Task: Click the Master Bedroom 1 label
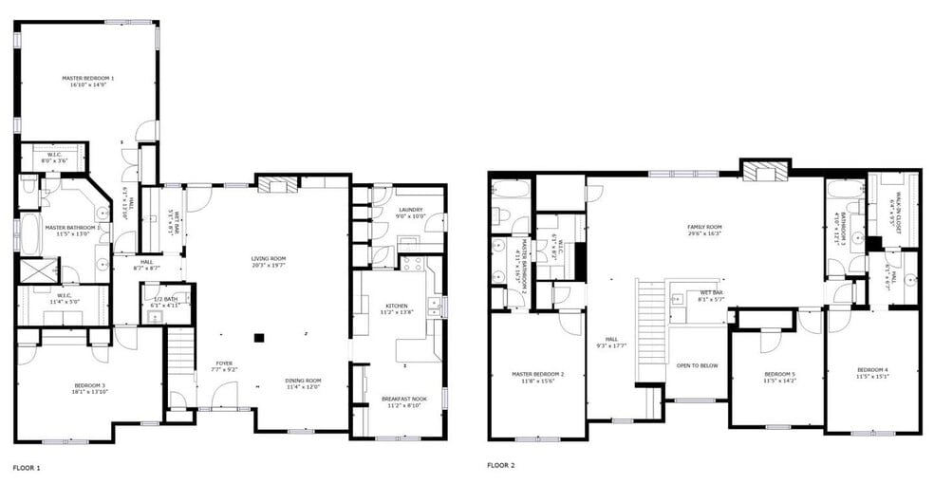pos(88,78)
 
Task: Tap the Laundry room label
pos(410,210)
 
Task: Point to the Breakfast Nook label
pos(403,399)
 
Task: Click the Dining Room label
pos(303,381)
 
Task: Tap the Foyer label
pos(223,363)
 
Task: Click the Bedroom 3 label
pos(90,385)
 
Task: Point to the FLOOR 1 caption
pos(26,467)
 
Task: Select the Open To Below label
pos(696,364)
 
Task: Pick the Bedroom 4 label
pos(872,369)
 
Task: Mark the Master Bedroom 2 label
pos(537,374)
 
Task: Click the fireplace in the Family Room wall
pos(763,170)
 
